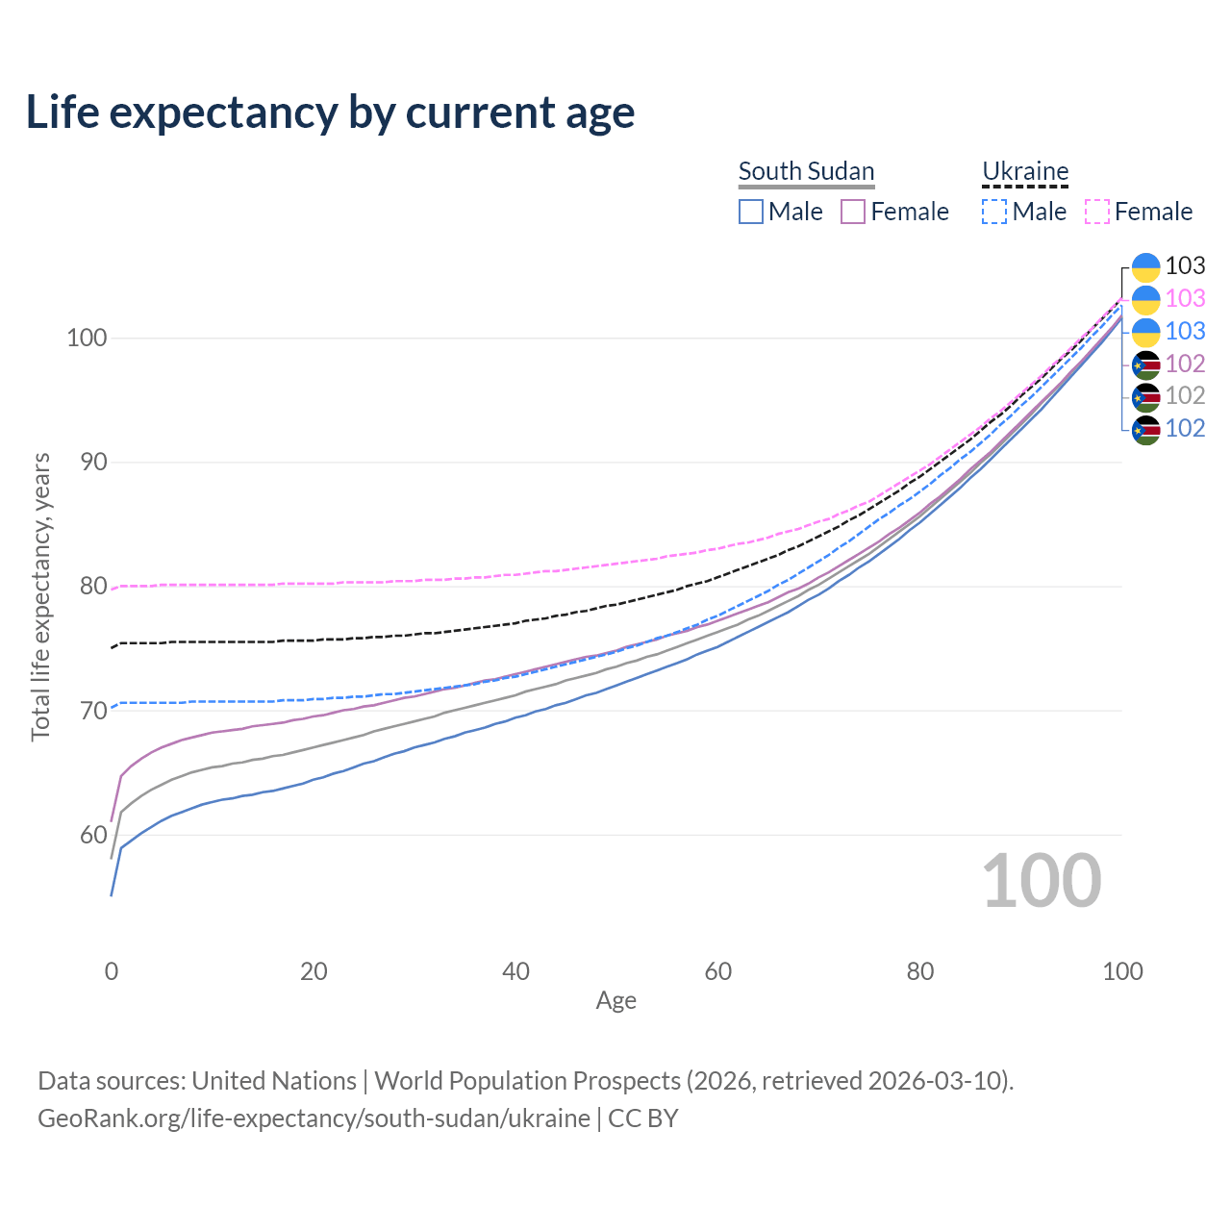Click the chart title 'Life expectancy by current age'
click(330, 113)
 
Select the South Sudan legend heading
click(806, 172)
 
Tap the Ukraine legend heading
click(1025, 172)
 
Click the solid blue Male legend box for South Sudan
click(751, 212)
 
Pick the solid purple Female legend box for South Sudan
click(853, 212)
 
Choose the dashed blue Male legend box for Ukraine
click(994, 212)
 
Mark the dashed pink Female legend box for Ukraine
click(1097, 212)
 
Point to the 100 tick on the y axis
click(87, 339)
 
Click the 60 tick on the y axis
click(93, 835)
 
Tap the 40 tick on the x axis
click(515, 971)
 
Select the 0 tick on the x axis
click(112, 971)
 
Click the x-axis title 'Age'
click(615, 1001)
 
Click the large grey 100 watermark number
click(1042, 881)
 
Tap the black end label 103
click(1185, 266)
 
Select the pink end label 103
click(1185, 299)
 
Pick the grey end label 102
click(1185, 395)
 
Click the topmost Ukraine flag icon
click(1146, 266)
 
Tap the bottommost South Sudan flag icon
click(1146, 429)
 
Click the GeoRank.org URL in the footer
click(314, 1118)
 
